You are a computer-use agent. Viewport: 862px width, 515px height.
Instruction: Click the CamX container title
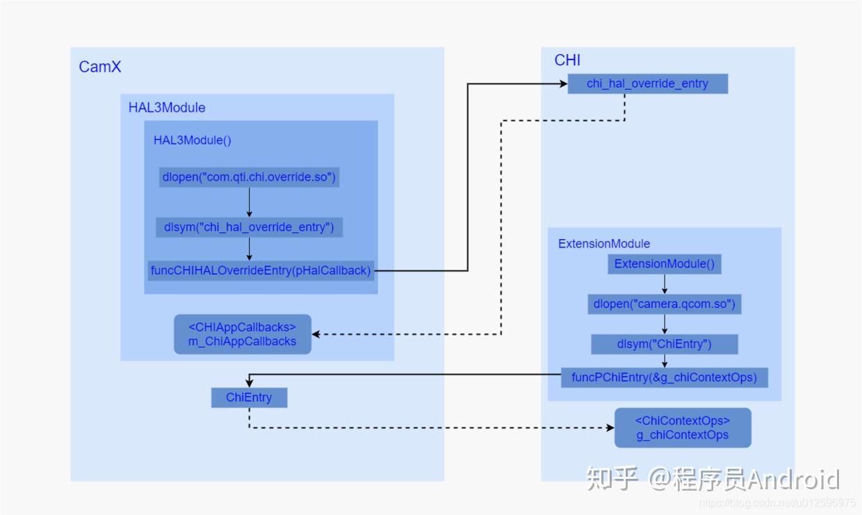coord(100,67)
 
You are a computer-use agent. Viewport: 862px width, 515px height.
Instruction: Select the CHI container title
coord(567,60)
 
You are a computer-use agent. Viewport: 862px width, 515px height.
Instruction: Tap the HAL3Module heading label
coord(167,108)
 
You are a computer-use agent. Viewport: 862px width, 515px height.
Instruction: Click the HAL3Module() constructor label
coord(193,140)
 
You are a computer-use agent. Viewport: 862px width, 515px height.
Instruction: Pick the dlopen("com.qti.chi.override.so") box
coord(249,177)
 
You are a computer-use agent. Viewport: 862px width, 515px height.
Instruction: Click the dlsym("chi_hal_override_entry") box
coord(249,227)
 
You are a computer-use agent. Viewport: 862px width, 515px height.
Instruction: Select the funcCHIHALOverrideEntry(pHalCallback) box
coord(261,270)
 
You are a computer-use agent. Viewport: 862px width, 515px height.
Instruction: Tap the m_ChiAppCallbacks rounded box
coord(242,334)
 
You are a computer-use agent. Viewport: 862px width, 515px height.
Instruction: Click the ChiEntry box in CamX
coord(249,398)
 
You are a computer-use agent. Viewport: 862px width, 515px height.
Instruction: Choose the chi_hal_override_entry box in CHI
coord(647,83)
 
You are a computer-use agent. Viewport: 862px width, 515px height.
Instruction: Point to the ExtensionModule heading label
coord(604,244)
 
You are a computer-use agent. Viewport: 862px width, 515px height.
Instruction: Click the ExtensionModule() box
coord(664,264)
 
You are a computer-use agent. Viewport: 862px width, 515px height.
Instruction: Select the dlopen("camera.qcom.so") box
coord(664,304)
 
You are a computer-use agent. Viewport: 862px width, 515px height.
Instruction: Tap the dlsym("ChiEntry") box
coord(664,344)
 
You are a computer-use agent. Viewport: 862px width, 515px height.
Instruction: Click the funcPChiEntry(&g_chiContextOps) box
coord(664,377)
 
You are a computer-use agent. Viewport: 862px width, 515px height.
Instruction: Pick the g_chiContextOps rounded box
coord(683,428)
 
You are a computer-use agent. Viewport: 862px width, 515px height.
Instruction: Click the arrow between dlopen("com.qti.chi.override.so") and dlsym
coord(249,202)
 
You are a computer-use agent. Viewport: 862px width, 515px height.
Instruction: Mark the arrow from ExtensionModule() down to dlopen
coord(664,284)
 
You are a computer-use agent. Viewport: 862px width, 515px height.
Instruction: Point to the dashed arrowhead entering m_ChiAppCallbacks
coord(317,334)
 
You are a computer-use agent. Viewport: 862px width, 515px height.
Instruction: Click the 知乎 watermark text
coord(612,479)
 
